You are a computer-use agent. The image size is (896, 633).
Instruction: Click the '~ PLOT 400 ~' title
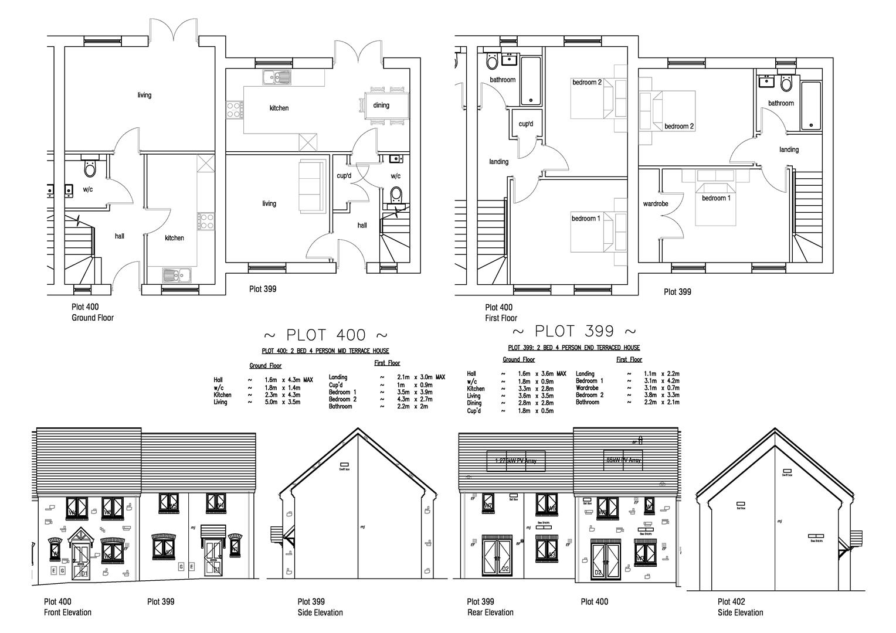tap(325, 335)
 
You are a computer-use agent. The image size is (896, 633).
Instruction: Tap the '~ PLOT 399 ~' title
tap(574, 331)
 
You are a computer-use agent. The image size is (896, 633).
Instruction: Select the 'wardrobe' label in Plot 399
tap(656, 204)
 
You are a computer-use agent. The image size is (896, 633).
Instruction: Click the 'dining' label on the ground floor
tap(381, 105)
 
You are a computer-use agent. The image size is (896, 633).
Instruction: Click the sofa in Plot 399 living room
tap(311, 186)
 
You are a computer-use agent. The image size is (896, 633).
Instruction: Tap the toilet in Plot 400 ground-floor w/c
tap(90, 168)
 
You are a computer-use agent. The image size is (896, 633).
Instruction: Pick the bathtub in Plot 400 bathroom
tap(531, 81)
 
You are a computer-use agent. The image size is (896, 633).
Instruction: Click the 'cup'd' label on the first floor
tap(526, 124)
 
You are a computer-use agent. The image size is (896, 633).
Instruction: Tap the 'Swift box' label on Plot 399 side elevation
tap(344, 469)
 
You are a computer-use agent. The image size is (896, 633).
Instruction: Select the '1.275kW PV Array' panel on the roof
tap(516, 461)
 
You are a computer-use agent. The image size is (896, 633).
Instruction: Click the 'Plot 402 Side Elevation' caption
tap(740, 607)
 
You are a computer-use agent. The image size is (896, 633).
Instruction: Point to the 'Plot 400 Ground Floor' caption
tap(93, 312)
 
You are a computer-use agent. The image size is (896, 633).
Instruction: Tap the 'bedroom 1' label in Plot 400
tap(586, 219)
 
